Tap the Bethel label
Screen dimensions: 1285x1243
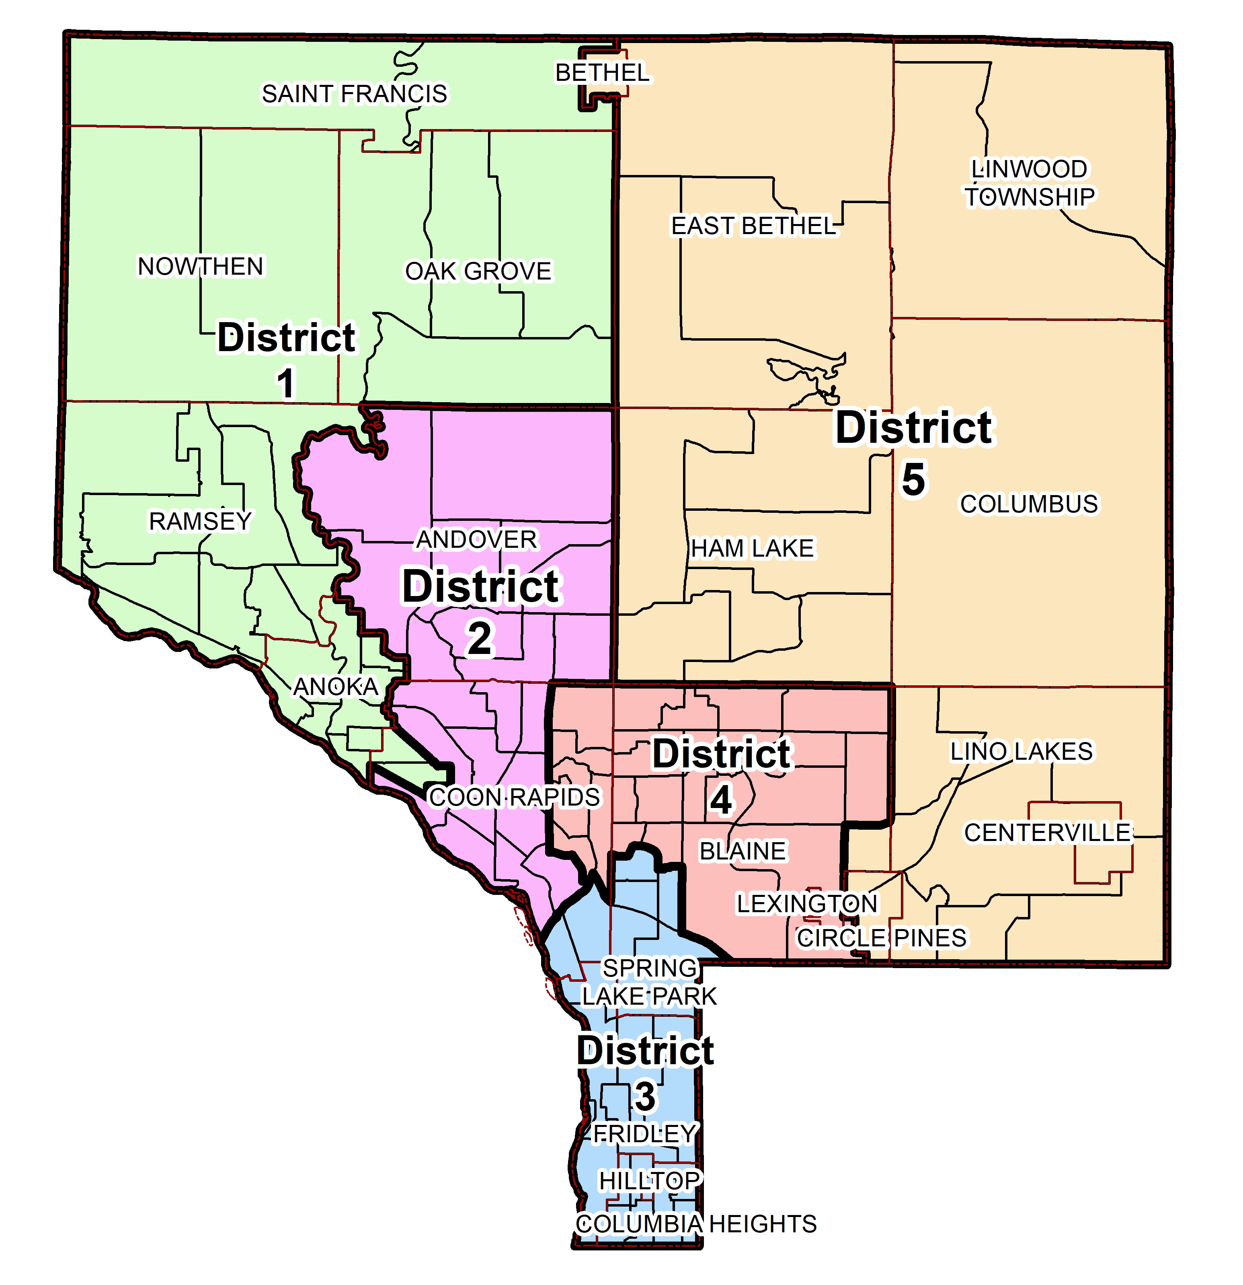tap(602, 73)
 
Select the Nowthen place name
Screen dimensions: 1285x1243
tap(201, 267)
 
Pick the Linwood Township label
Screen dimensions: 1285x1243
tap(1029, 183)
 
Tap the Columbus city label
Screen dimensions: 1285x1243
tap(1029, 504)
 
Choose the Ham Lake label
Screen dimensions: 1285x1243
tap(752, 549)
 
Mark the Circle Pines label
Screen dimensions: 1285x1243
tap(881, 938)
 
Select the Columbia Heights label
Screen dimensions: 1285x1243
tap(696, 1224)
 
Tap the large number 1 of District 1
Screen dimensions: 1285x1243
tap(286, 384)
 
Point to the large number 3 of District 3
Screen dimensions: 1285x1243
tap(645, 1097)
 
